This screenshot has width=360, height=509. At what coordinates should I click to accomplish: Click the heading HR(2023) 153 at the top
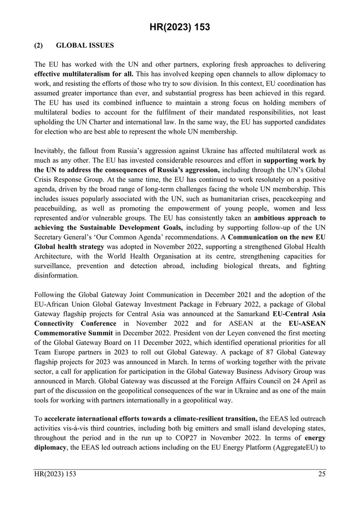click(180, 27)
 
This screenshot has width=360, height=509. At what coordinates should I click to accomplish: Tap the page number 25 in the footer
click(321, 474)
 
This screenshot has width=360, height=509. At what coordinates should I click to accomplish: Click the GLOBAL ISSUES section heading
click(85, 45)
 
